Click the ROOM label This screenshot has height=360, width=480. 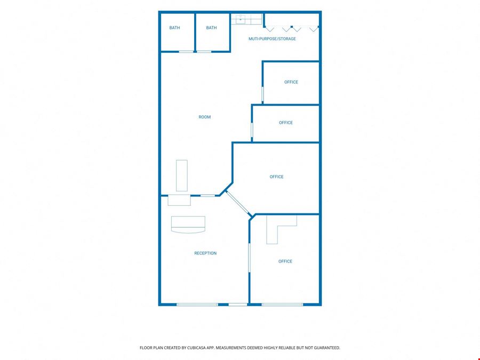point(204,117)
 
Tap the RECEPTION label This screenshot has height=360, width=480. point(205,253)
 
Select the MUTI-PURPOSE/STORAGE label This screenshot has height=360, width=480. point(272,39)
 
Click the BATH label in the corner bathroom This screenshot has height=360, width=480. point(174,28)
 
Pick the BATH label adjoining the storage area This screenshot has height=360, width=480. point(211,28)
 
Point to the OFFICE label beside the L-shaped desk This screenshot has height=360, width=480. point(285,261)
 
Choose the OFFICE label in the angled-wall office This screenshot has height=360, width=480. point(276,177)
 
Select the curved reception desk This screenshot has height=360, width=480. point(188,225)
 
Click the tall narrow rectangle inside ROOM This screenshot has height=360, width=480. point(182,175)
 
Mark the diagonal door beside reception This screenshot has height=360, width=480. point(238,203)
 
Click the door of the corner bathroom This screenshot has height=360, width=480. point(186,52)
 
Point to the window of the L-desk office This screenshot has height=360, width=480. point(282,305)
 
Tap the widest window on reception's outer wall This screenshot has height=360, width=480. point(197,305)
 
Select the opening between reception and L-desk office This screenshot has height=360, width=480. point(249,258)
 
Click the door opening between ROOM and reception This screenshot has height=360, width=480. point(207,196)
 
